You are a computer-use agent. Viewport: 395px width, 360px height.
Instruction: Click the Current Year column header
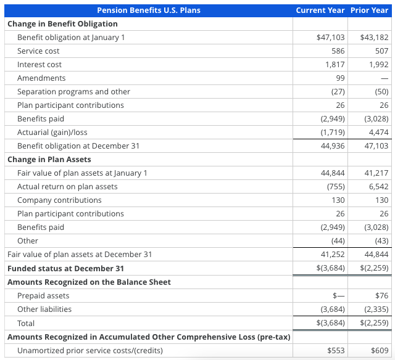[320, 10]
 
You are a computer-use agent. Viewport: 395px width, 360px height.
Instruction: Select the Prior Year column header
[369, 10]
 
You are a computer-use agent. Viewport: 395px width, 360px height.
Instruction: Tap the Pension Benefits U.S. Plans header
[149, 10]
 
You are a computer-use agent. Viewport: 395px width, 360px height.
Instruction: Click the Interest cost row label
[39, 65]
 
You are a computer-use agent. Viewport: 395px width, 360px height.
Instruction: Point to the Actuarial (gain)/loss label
[52, 133]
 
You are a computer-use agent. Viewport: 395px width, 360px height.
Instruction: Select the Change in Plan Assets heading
[49, 160]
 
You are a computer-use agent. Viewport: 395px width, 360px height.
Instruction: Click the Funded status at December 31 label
[65, 269]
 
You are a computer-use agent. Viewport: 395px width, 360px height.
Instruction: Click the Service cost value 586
[338, 51]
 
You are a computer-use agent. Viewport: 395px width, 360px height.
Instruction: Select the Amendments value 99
[340, 78]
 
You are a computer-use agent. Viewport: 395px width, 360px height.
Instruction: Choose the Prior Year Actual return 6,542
[378, 187]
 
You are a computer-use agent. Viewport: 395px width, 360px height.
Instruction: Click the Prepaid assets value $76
[381, 296]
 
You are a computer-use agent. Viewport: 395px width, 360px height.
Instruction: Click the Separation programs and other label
[73, 92]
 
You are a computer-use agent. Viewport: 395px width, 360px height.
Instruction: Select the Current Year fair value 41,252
[333, 255]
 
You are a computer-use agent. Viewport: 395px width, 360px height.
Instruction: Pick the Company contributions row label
[59, 200]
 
